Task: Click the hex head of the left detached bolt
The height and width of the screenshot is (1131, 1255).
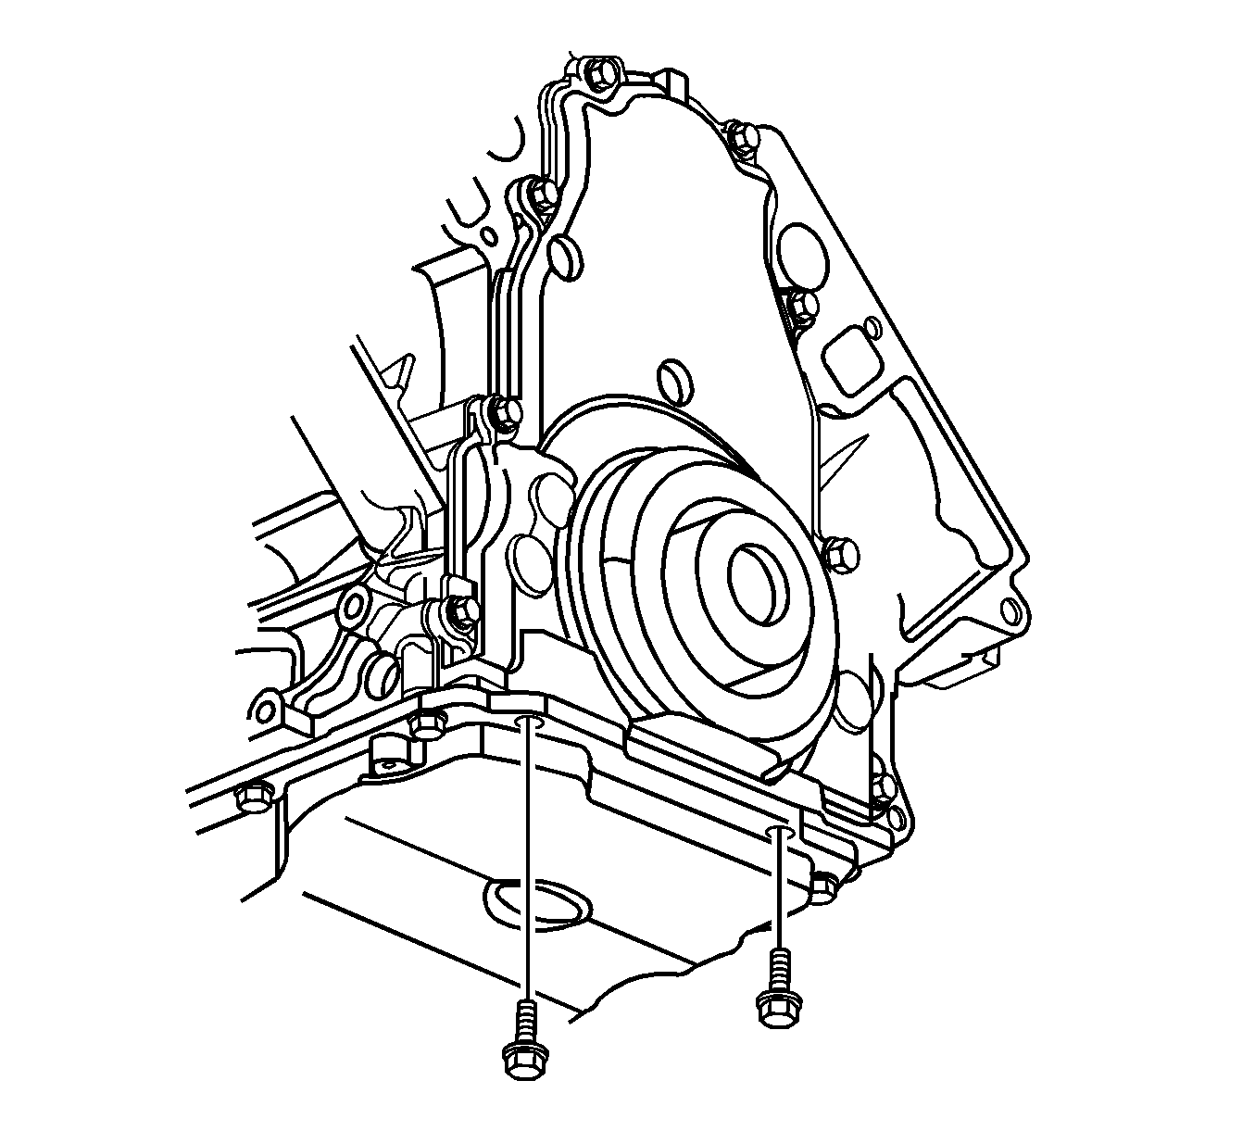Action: (x=520, y=1059)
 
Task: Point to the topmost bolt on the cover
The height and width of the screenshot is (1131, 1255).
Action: (x=597, y=69)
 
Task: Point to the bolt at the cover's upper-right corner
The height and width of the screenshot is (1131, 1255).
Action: (x=741, y=138)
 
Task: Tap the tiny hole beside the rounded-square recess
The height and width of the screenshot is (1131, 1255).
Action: (x=870, y=326)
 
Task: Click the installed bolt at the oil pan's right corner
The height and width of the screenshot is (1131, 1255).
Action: (x=823, y=886)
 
